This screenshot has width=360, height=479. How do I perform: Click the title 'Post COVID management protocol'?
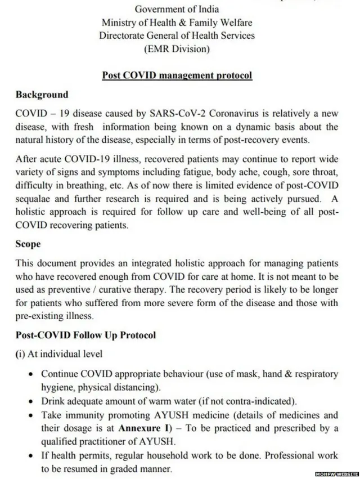[177, 75]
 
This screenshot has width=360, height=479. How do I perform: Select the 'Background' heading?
[42, 95]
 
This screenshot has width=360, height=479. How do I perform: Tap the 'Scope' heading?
[28, 245]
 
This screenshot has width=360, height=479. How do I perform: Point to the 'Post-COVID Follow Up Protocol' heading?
[85, 335]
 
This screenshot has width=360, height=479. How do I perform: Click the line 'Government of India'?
[177, 9]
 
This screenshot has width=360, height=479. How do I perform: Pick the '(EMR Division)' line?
[177, 49]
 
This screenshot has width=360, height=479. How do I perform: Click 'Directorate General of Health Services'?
[177, 35]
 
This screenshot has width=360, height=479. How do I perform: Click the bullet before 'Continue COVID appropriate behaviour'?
[29, 374]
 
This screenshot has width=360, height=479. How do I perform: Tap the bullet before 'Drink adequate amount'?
[29, 402]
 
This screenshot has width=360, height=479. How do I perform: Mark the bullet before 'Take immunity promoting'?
[29, 416]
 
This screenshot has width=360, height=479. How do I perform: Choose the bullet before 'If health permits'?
[29, 456]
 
